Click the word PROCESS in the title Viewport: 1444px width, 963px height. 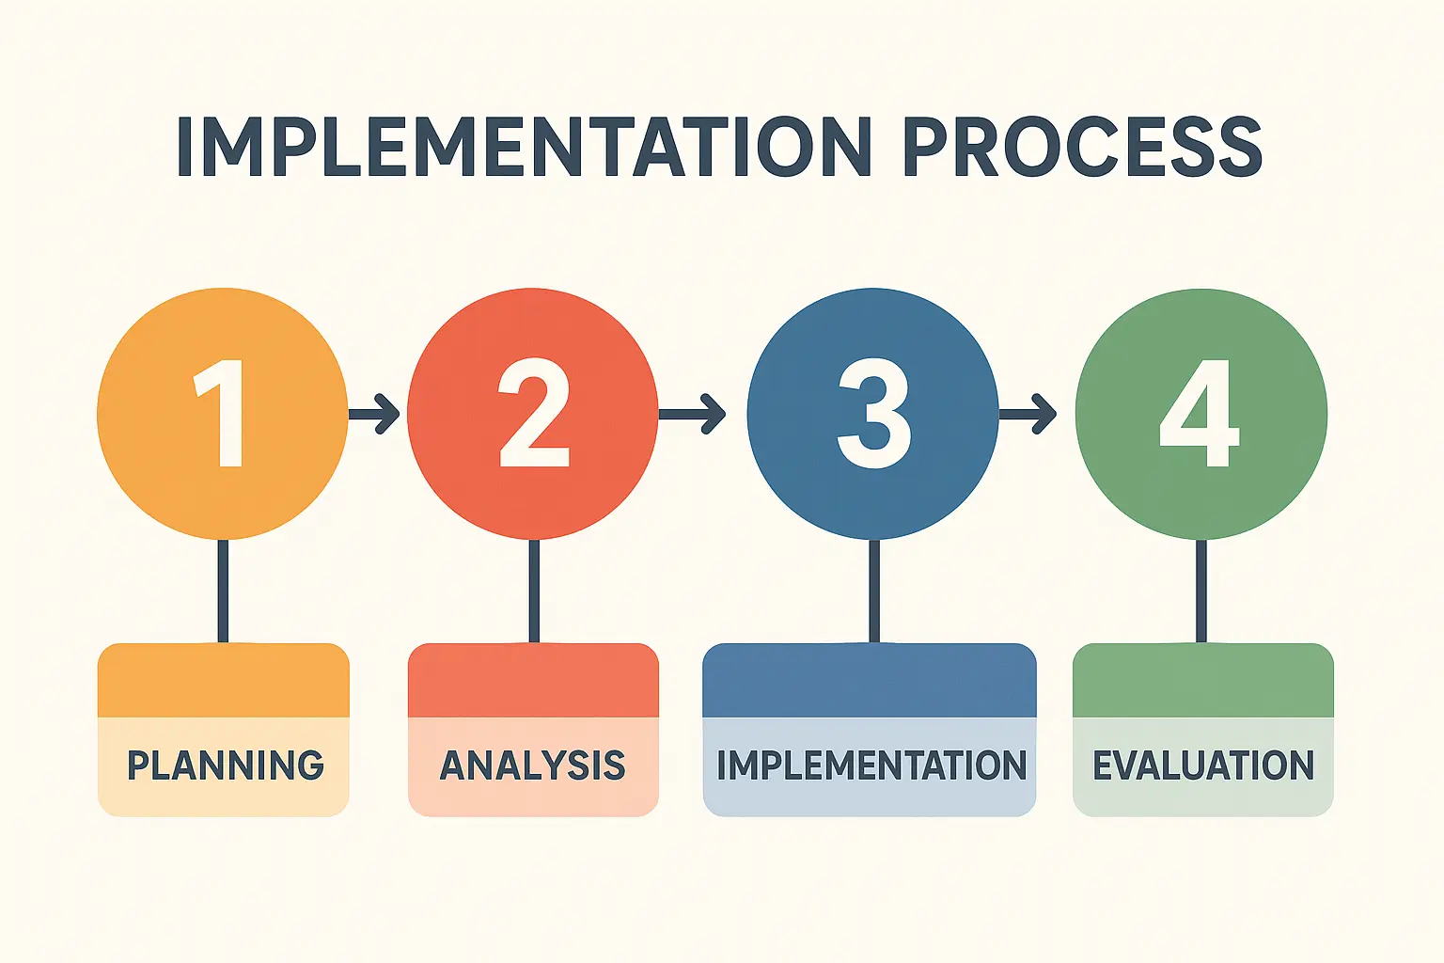point(1082,146)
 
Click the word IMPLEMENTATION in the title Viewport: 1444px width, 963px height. point(524,146)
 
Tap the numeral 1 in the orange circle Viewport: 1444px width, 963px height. point(221,413)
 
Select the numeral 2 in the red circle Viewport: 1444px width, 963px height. point(534,413)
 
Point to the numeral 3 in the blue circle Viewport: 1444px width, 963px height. point(873,413)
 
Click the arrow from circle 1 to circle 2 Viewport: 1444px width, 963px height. point(374,414)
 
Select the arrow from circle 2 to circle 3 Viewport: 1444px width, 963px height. point(692,414)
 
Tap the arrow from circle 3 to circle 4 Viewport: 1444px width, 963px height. point(1028,414)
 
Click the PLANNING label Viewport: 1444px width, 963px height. point(225,766)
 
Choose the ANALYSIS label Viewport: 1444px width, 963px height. point(532,766)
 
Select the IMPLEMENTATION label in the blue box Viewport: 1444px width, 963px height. point(871,766)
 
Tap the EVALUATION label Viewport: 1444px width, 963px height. point(1203,766)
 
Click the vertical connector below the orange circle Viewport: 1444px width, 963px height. point(223,591)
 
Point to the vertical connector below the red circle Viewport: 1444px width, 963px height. point(534,591)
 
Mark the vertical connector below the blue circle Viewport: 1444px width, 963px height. point(874,591)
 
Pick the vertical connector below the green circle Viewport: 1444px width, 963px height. point(1201,591)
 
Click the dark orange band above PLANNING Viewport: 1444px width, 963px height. point(223,681)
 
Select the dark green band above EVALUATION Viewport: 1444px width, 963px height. point(1203,681)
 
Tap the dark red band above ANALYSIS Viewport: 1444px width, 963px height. point(534,681)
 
